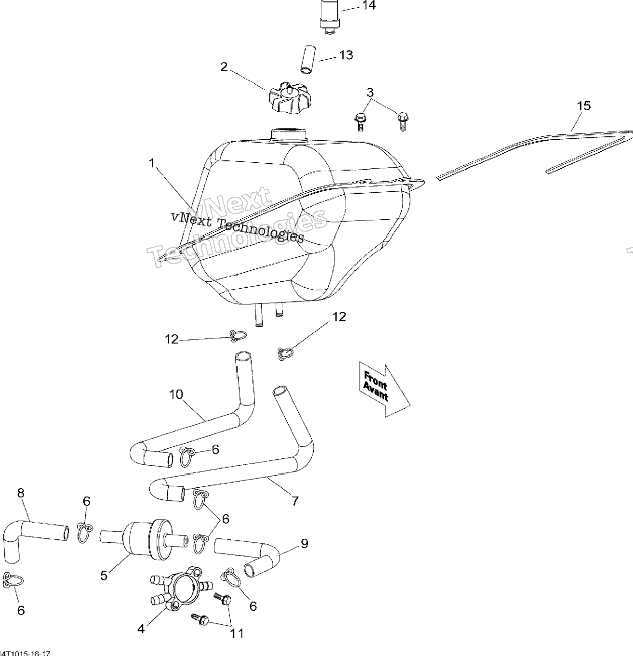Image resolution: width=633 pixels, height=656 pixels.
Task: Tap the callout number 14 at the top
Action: tap(369, 6)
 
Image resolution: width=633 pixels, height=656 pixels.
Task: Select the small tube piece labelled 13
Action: tap(308, 59)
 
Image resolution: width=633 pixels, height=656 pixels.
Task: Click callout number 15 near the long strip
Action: tap(583, 106)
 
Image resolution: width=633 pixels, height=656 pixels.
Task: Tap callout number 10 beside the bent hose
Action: tap(176, 394)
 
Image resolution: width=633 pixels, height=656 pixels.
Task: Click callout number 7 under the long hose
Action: tap(295, 501)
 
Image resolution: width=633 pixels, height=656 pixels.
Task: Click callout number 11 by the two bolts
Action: tap(236, 633)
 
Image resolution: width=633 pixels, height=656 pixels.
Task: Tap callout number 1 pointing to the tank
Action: tap(152, 163)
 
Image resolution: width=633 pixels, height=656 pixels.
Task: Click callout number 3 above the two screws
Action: tap(370, 93)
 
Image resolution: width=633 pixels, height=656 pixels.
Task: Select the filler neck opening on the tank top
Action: tap(288, 134)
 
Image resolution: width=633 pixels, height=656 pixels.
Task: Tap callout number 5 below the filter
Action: tap(104, 575)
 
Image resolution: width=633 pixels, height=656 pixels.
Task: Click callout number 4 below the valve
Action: tap(141, 629)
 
